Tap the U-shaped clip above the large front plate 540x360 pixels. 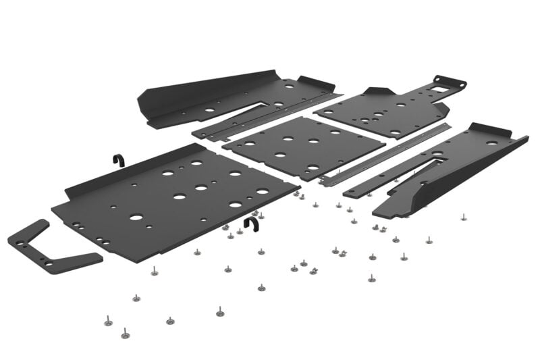[117, 160]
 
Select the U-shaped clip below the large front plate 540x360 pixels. [251, 224]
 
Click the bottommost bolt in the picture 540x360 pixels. [124, 334]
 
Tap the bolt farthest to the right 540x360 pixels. [463, 217]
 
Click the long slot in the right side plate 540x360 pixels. [433, 163]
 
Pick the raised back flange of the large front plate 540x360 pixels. [122, 176]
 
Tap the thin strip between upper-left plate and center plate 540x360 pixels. [263, 118]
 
